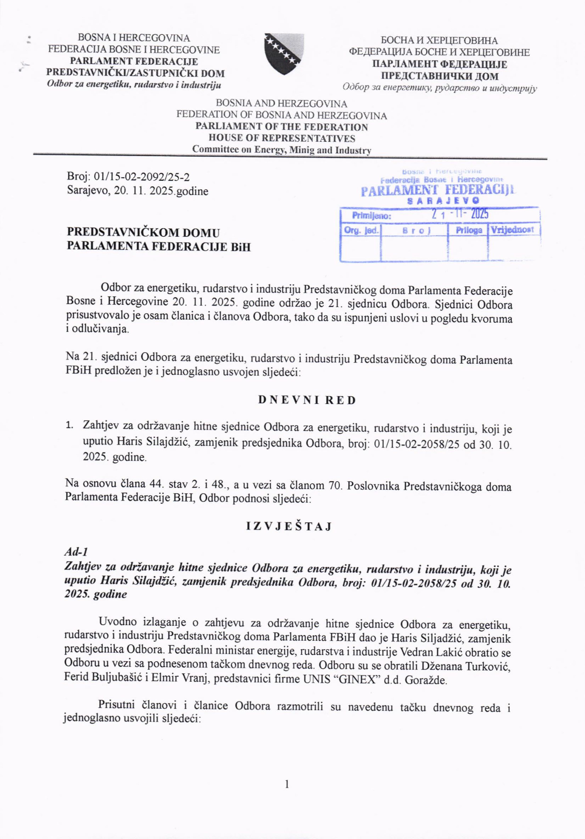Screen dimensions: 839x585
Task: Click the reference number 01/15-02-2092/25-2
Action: [x=142, y=177]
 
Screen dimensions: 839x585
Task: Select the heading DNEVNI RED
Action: [x=307, y=400]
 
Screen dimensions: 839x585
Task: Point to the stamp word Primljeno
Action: [x=371, y=216]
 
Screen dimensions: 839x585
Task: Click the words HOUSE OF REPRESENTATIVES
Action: [x=282, y=138]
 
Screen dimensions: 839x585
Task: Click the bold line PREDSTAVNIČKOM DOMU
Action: [x=143, y=233]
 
